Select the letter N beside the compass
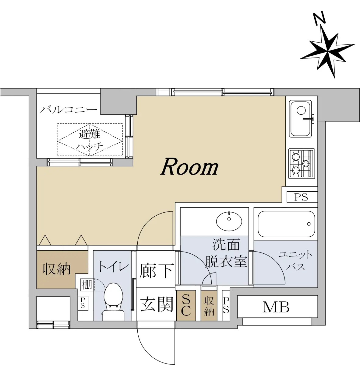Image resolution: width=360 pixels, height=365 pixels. pos(320,19)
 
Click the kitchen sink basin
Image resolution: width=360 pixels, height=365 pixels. pos(300,119)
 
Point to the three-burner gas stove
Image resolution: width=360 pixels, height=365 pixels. pos(302,164)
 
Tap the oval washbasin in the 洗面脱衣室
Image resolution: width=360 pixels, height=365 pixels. pos(229,221)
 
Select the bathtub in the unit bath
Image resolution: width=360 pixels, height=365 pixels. pos(286,224)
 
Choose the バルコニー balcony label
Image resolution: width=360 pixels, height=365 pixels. pos(69,110)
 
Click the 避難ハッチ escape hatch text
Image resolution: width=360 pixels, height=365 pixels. pos(90,140)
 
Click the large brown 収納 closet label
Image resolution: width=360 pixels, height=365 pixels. pos(56,269)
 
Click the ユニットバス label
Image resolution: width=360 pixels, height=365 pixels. pos(295,261)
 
